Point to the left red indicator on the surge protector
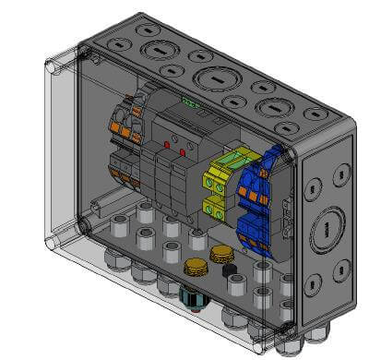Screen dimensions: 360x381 (x=168, y=145)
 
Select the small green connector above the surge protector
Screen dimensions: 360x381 (x=191, y=102)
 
